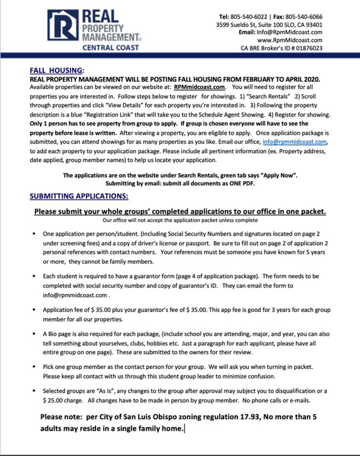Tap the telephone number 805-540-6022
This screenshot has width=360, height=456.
click(254, 17)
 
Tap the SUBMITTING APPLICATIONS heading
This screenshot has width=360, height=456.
click(79, 196)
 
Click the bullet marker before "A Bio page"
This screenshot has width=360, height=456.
click(34, 335)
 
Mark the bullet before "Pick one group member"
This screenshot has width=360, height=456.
click(34, 366)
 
